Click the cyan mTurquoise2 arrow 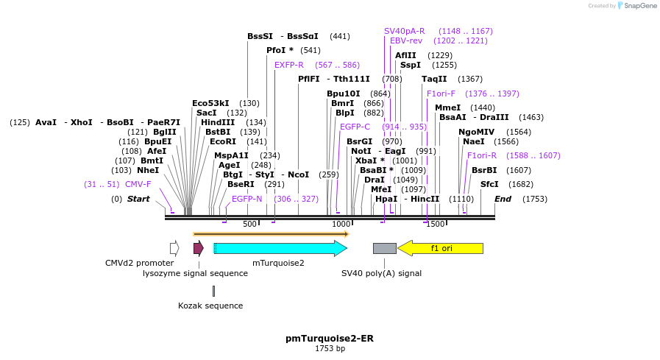(x=280, y=248)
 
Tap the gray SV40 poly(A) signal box (x=384, y=248)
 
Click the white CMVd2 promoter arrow (x=174, y=248)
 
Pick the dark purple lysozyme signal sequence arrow (x=198, y=248)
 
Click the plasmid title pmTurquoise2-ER (x=330, y=339)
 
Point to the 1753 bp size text (x=330, y=349)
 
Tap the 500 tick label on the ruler (x=250, y=225)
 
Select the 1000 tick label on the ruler (x=341, y=225)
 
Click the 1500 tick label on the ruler (x=436, y=225)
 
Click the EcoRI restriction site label (x=223, y=141)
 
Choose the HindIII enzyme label (x=218, y=122)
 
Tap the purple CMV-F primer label (x=138, y=184)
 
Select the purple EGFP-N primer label (x=246, y=199)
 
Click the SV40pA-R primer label (x=404, y=31)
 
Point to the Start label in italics (x=138, y=199)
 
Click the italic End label (x=503, y=199)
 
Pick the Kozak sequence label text (x=210, y=306)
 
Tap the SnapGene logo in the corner (x=636, y=6)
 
